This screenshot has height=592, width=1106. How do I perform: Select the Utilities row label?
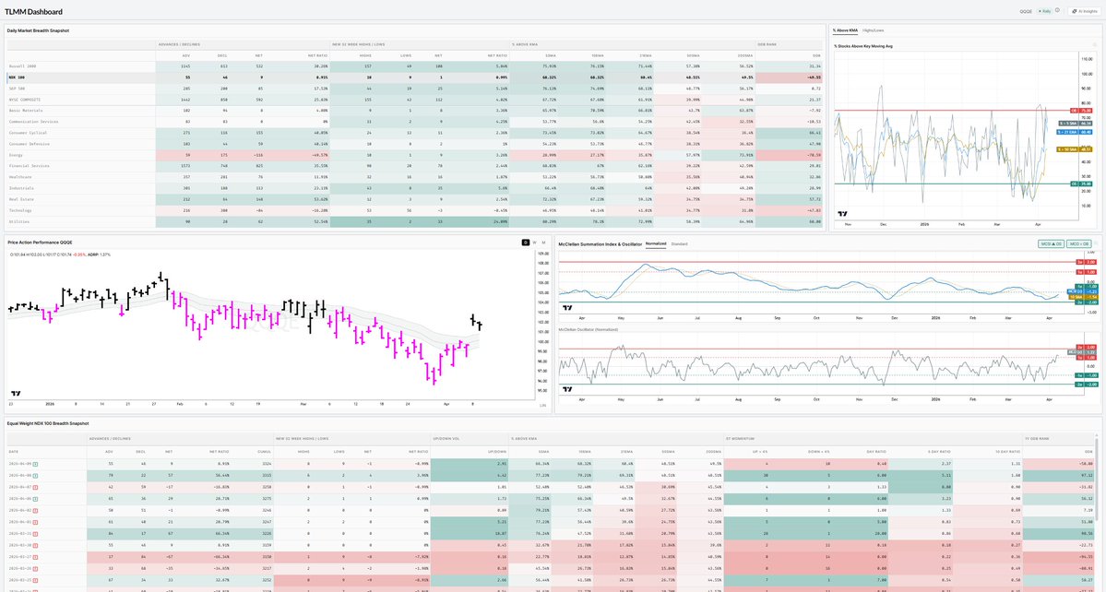pyautogui.click(x=21, y=221)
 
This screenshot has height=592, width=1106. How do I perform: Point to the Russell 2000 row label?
pyautogui.click(x=23, y=66)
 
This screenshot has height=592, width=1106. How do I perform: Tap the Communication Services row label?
pyautogui.click(x=33, y=121)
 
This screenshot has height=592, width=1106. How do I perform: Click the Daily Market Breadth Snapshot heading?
pyautogui.click(x=38, y=30)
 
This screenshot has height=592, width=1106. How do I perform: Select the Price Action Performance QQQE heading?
pyautogui.click(x=40, y=242)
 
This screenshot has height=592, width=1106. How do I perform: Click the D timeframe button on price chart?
pyautogui.click(x=525, y=242)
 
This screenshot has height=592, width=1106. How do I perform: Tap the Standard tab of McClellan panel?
pyautogui.click(x=679, y=243)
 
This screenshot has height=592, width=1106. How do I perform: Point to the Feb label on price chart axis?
pyautogui.click(x=179, y=404)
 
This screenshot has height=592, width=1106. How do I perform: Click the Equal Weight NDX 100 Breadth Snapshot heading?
pyautogui.click(x=48, y=423)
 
